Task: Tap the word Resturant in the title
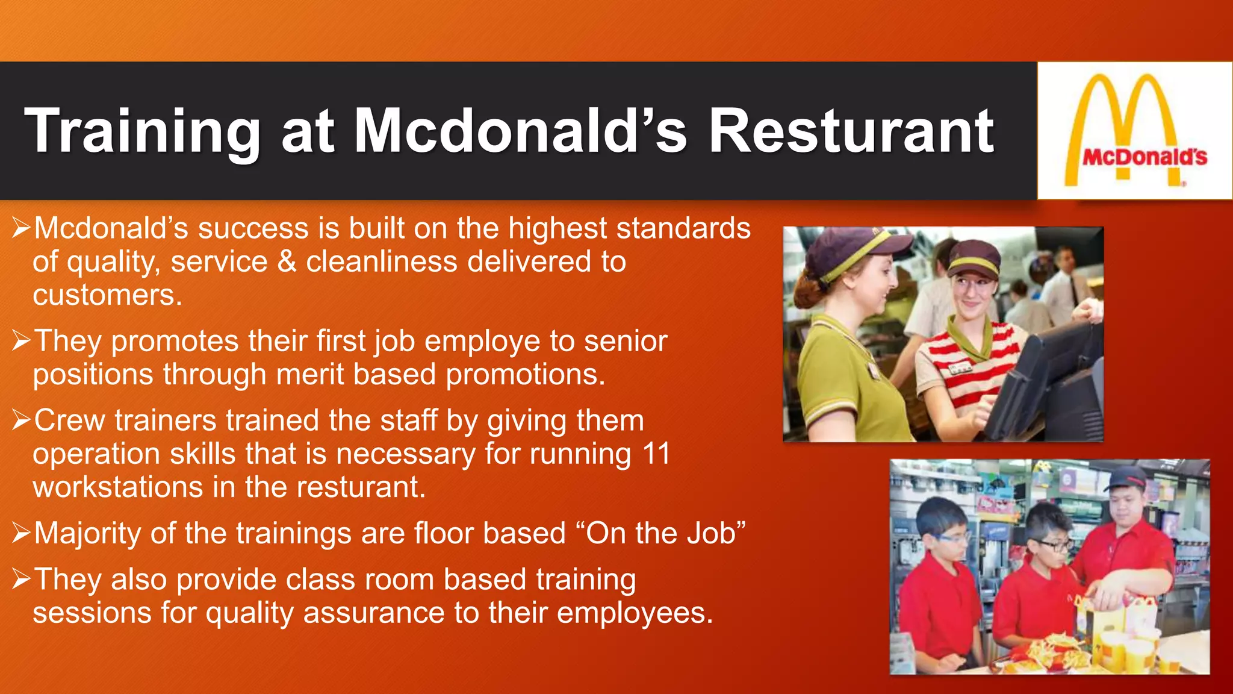coord(851,131)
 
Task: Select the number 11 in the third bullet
coord(656,454)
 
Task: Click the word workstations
coord(117,487)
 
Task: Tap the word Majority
coord(87,534)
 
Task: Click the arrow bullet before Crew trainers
coord(21,420)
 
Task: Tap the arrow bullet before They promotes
coord(21,341)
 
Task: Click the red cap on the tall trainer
coord(1127,478)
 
